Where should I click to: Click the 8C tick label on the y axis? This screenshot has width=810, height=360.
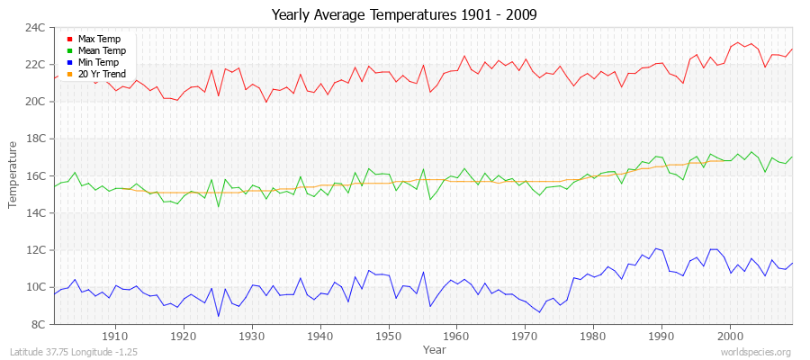click(x=39, y=324)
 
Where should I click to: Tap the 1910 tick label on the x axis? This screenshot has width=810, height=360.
click(x=115, y=336)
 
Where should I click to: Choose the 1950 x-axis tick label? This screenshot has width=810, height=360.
click(x=388, y=336)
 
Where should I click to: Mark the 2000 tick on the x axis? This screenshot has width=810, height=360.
click(x=729, y=336)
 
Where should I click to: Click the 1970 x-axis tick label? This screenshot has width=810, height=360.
click(x=525, y=336)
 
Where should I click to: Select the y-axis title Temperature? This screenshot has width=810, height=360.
click(x=13, y=175)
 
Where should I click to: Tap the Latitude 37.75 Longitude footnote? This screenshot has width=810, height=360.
click(x=71, y=352)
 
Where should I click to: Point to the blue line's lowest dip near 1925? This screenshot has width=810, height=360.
click(x=218, y=316)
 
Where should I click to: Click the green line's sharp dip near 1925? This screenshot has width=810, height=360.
click(x=218, y=206)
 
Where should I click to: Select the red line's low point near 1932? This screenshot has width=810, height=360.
click(x=265, y=102)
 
